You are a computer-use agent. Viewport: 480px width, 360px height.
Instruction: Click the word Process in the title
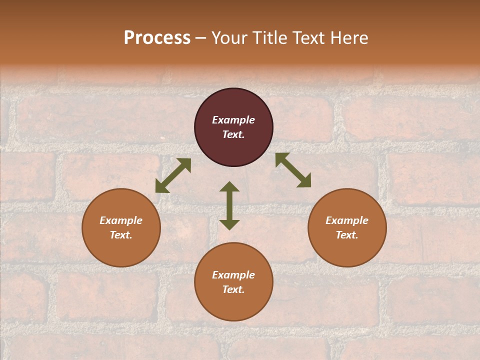click(157, 38)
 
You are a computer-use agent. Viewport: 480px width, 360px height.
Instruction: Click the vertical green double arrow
click(229, 205)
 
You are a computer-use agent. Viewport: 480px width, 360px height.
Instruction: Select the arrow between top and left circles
click(173, 175)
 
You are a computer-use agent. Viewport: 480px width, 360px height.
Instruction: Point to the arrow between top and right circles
click(293, 170)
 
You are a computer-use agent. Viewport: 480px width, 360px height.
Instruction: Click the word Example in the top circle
click(233, 120)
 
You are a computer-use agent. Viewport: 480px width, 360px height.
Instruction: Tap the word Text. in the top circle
click(233, 134)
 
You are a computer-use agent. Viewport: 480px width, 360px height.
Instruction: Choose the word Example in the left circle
click(121, 220)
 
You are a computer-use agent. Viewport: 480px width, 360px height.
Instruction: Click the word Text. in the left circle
click(121, 235)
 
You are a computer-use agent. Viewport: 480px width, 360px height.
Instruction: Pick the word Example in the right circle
click(347, 220)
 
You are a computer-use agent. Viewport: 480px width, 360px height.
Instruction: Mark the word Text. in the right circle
click(347, 235)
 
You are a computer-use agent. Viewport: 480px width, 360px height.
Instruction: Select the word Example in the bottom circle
click(233, 275)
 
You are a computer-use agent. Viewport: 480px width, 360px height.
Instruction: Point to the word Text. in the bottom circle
click(233, 289)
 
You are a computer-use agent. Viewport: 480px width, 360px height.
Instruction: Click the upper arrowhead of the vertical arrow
click(229, 187)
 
